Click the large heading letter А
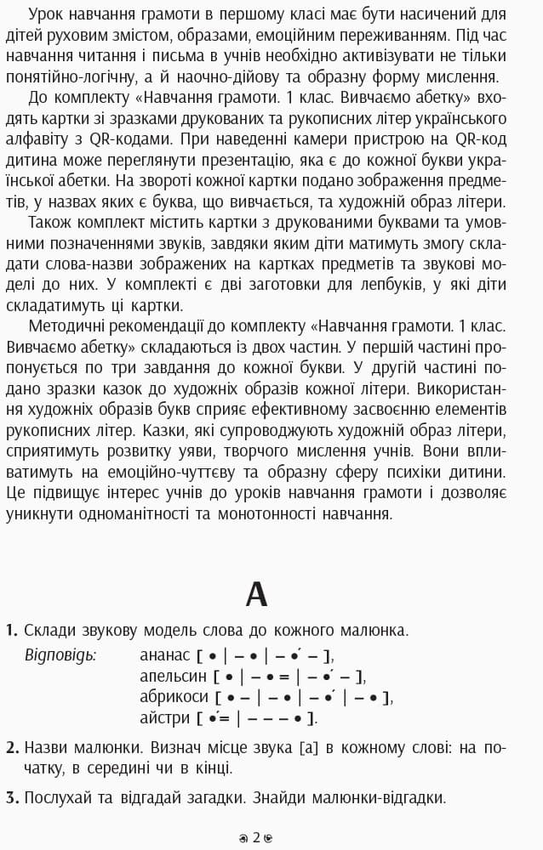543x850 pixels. [x=256, y=594]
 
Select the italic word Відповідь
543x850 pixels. [x=60, y=654]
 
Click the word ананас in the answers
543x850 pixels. [x=165, y=654]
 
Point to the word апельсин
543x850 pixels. [x=174, y=676]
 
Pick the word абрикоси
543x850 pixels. [x=174, y=697]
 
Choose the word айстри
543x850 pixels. [x=165, y=718]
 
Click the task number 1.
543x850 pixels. [x=11, y=631]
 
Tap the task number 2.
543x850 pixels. [x=11, y=748]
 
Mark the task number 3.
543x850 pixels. [x=11, y=798]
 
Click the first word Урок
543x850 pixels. [x=46, y=14]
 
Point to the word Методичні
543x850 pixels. [x=69, y=326]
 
